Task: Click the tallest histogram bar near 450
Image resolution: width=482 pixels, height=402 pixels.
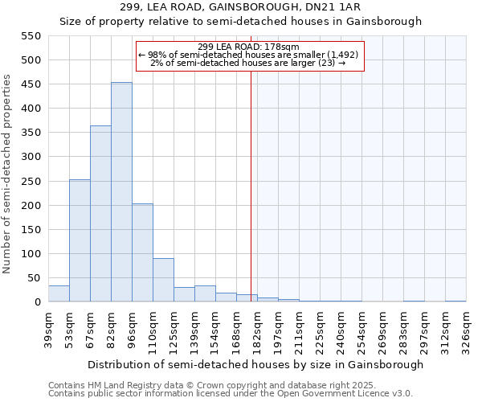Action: [x=121, y=192]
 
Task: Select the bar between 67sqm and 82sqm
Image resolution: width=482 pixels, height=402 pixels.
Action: [x=100, y=214]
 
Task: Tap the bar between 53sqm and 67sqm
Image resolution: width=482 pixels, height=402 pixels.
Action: [x=80, y=240]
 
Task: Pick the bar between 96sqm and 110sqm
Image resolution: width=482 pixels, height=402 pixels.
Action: [x=142, y=252]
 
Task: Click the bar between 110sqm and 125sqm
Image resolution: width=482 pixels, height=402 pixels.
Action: [x=163, y=280]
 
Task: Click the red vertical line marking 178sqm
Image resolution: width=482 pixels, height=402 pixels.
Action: [x=251, y=185]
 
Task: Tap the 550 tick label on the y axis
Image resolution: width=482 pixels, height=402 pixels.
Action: [x=31, y=36]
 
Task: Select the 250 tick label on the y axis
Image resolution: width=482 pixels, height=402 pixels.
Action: [x=31, y=182]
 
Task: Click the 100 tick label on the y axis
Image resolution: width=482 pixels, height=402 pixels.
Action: [x=31, y=254]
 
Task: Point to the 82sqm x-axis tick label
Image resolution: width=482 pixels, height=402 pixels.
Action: [x=112, y=330]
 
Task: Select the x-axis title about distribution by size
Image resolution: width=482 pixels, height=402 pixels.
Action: [x=255, y=365]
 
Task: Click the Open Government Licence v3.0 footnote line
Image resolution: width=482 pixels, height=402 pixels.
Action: [x=231, y=394]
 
